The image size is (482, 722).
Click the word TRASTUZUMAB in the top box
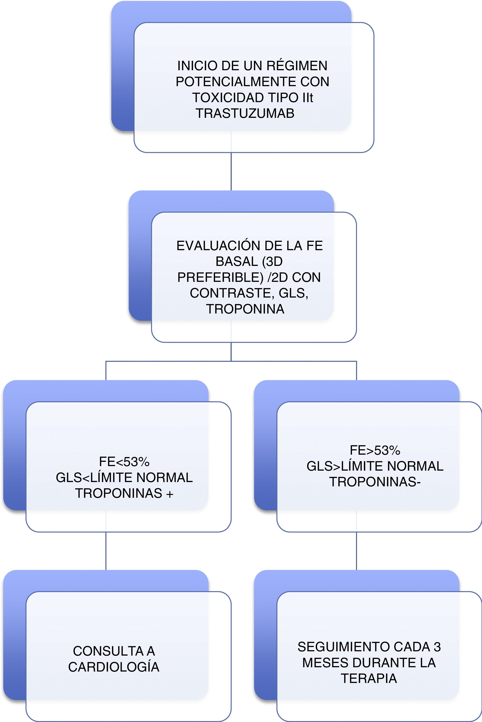pyautogui.click(x=245, y=113)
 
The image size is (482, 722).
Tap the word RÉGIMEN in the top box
pyautogui.click(x=297, y=66)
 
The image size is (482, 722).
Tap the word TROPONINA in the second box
pyautogui.click(x=245, y=309)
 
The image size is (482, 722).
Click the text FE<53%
pyautogui.click(x=124, y=462)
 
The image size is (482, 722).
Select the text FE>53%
pyautogui.click(x=375, y=450)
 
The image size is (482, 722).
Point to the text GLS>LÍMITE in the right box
pyautogui.click(x=345, y=466)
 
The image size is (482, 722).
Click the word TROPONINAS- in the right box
pyautogui.click(x=375, y=482)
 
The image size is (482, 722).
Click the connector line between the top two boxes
pyautogui.click(x=231, y=171)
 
